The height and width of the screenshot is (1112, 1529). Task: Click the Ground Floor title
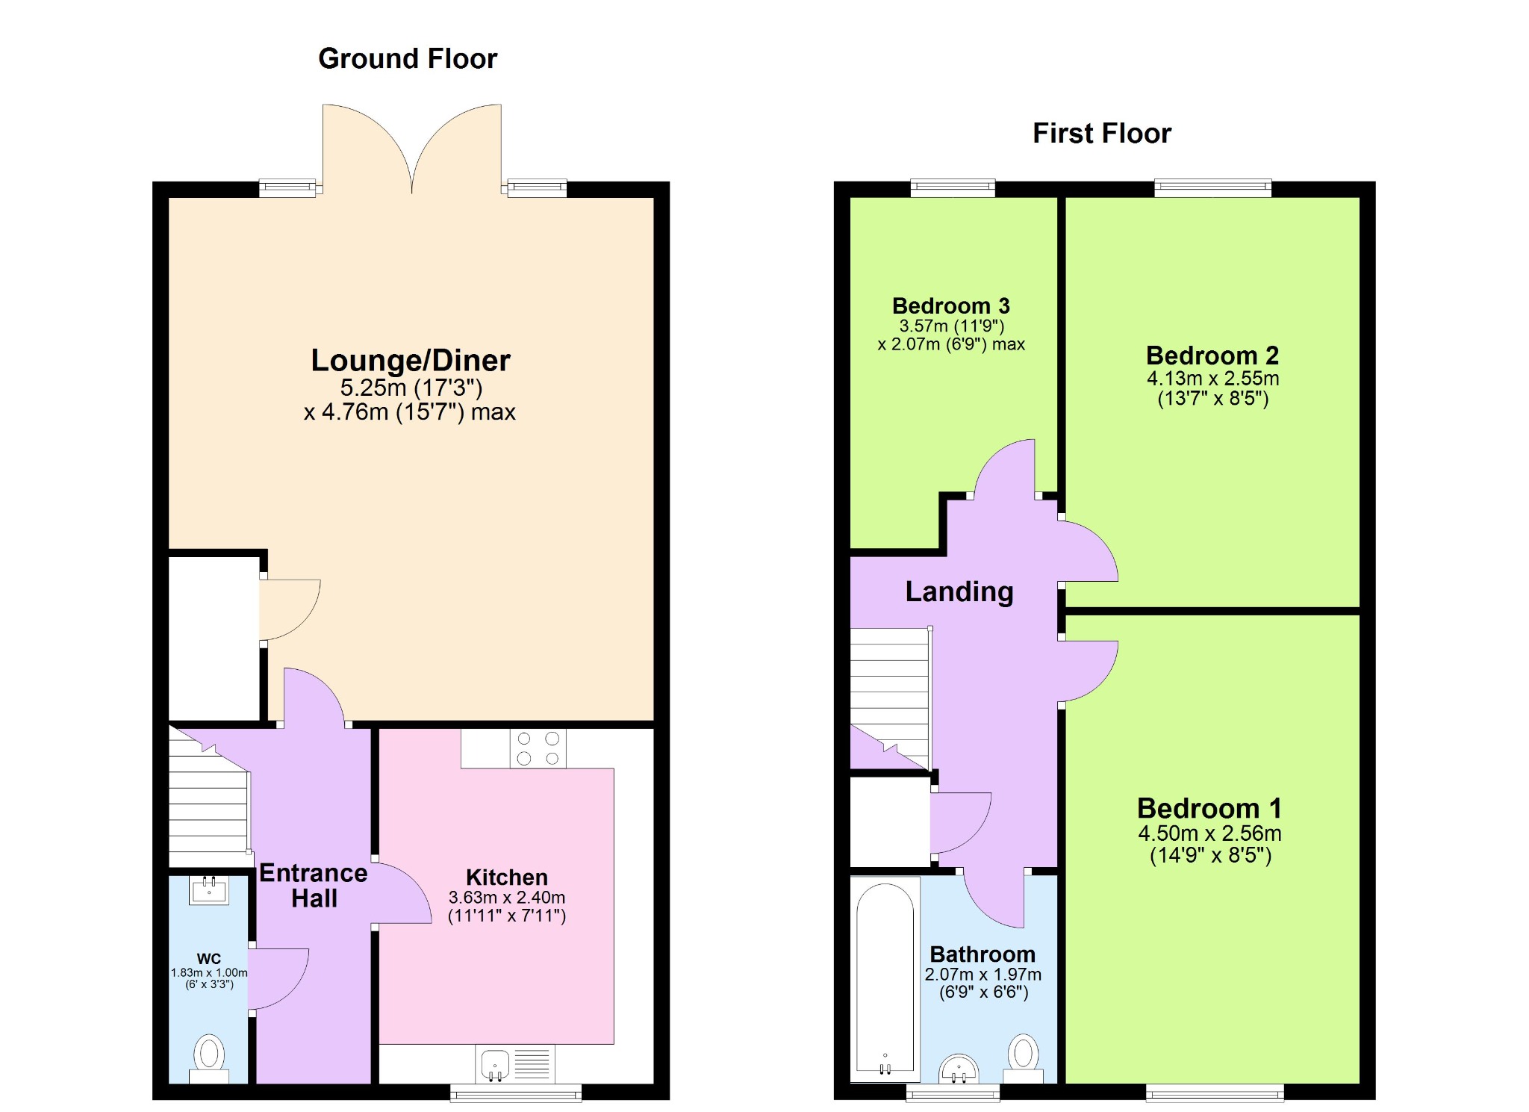coord(408,58)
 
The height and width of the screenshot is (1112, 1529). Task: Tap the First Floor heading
coord(1102,133)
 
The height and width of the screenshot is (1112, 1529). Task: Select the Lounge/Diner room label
coord(411,360)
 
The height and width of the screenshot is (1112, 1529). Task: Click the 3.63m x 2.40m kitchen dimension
coord(507,897)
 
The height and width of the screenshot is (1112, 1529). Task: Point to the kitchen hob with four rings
coord(538,748)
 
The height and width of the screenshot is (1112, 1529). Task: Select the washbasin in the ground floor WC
coord(209,890)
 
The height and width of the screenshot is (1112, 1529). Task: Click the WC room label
coord(209,959)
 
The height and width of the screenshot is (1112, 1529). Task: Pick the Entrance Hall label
coord(314,886)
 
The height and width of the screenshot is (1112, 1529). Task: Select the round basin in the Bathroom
coord(959,1068)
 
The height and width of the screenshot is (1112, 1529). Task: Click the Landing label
coord(959,591)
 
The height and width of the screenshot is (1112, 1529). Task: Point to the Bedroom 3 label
coord(951,305)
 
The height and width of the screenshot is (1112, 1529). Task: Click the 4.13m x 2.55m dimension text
coord(1213,379)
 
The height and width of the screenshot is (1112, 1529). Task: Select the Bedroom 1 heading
coord(1209,808)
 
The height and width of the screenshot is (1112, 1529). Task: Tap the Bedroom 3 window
coord(953,187)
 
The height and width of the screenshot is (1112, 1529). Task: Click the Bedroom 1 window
coord(1215,1093)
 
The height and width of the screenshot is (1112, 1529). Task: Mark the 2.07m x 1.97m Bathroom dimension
coord(983,975)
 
